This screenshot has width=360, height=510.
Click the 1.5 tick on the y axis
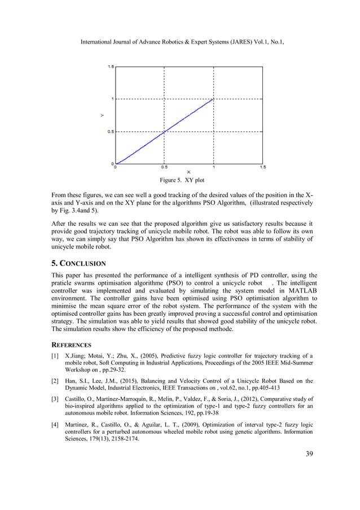(x=111, y=67)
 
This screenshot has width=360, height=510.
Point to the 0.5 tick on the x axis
(x=164, y=168)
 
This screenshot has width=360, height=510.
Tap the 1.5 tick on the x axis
(x=262, y=168)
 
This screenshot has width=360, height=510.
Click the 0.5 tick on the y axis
(x=111, y=132)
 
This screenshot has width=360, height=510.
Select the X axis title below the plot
(x=188, y=172)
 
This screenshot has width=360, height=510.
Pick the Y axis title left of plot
(x=102, y=115)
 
